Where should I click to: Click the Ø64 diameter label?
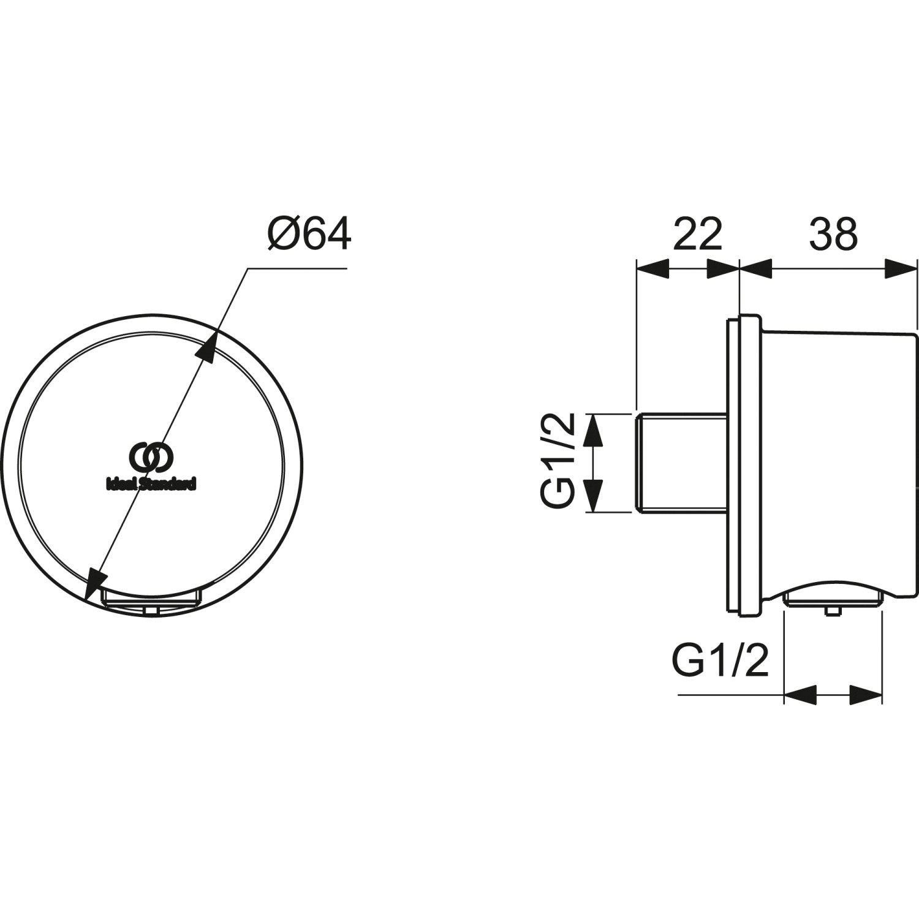[309, 234]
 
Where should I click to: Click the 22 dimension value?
[697, 234]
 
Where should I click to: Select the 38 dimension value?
[833, 234]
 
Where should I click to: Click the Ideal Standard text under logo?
[152, 484]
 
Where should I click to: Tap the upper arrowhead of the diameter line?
[208, 347]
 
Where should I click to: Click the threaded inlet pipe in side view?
[680, 463]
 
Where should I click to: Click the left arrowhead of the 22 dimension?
[651, 268]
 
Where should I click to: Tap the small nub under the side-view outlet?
[832, 610]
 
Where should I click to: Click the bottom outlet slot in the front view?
[151, 597]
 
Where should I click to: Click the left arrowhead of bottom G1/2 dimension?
[800, 695]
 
